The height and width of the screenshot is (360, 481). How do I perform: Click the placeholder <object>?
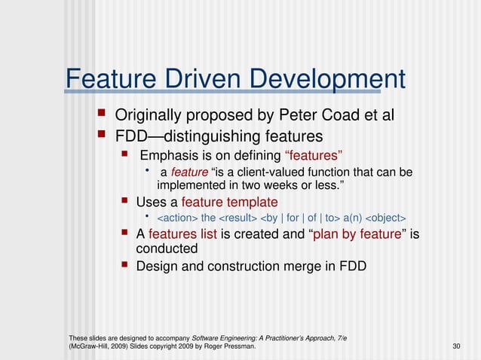[x=385, y=218]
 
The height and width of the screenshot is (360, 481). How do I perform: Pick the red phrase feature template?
[x=230, y=202]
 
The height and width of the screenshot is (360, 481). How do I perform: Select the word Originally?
[x=150, y=116]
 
